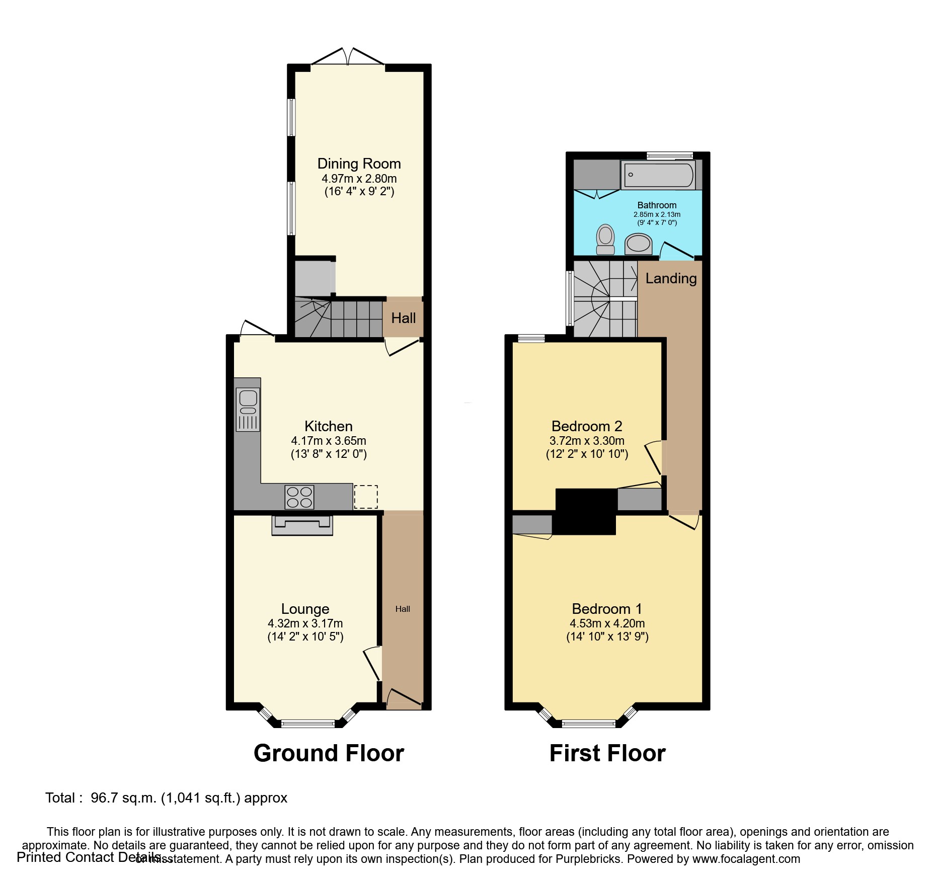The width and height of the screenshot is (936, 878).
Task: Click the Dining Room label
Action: [x=359, y=164]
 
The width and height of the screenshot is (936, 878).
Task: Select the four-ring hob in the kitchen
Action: [x=299, y=497]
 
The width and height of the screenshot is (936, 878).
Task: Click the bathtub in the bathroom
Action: [x=658, y=175]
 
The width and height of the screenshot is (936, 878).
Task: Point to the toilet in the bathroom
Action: [x=605, y=240]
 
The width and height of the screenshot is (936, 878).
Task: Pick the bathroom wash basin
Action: [x=638, y=244]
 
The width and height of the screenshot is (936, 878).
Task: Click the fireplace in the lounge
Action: [x=302, y=525]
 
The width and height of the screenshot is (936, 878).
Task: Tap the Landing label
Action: [x=671, y=278]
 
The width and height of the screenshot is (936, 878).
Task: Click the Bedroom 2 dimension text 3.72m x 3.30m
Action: [x=587, y=441]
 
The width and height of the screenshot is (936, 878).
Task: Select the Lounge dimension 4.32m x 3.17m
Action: [x=305, y=623]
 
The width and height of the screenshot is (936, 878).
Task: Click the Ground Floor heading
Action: [x=329, y=753]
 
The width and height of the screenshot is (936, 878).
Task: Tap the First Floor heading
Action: [x=607, y=753]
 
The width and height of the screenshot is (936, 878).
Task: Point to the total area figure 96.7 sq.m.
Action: [x=124, y=798]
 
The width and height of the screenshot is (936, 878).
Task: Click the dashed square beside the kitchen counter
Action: [x=366, y=497]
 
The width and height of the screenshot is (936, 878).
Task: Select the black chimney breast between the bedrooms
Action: [x=585, y=511]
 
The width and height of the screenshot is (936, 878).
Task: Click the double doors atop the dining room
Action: [x=348, y=58]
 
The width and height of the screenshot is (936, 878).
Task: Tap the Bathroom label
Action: [x=657, y=205]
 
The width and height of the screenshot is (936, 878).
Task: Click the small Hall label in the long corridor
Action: [x=403, y=609]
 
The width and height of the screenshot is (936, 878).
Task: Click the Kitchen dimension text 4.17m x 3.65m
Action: [x=329, y=441]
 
